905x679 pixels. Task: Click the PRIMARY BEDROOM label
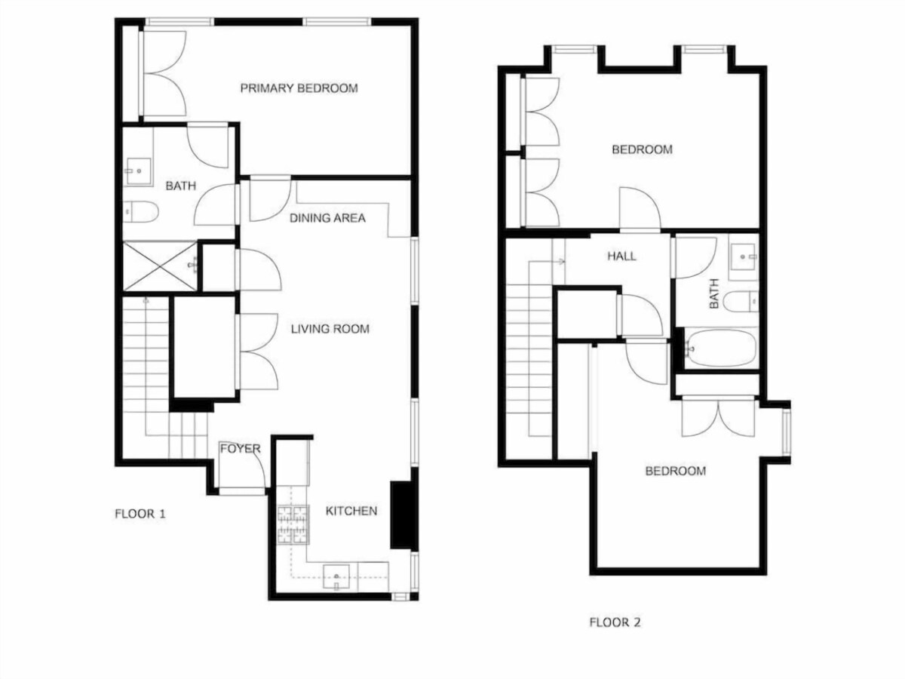click(299, 88)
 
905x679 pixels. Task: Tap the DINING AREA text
click(327, 218)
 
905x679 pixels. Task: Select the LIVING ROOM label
click(330, 329)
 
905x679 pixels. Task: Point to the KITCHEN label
click(351, 512)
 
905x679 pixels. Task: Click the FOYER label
click(240, 449)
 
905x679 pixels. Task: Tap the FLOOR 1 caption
click(140, 514)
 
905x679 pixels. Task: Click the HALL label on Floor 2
click(621, 257)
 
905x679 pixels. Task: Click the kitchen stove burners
click(293, 525)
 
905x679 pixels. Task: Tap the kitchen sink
click(336, 577)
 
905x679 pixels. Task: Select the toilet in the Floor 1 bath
click(140, 212)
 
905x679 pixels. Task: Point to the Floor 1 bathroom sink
click(138, 171)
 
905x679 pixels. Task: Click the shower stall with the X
click(160, 266)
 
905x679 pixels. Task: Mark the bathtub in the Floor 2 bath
click(720, 349)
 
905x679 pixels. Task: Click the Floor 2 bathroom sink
click(744, 257)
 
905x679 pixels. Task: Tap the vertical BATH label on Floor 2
click(713, 293)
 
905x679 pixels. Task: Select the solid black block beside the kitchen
click(400, 515)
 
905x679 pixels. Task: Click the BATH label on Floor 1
click(180, 186)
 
